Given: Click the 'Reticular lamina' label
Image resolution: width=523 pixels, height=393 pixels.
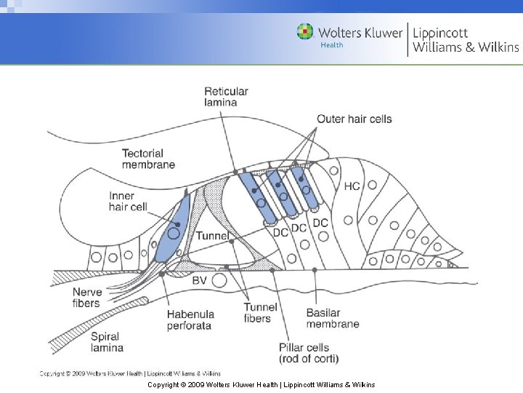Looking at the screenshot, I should click(226, 97).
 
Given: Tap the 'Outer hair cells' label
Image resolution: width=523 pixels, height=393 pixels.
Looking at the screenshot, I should click(354, 119).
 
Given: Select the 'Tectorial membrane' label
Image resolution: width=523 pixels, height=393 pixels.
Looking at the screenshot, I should click(148, 159).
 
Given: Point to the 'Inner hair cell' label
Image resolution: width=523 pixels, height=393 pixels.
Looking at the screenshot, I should click(128, 202).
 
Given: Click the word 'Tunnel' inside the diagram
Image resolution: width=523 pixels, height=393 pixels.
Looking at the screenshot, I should click(212, 236).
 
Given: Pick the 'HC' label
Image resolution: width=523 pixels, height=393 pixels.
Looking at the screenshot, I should click(352, 186).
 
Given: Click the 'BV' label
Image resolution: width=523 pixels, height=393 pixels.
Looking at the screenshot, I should click(200, 280).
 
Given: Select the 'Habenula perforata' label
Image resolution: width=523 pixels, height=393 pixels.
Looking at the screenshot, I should click(189, 319).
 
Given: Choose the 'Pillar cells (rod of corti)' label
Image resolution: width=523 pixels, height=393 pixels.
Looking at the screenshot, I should click(308, 353).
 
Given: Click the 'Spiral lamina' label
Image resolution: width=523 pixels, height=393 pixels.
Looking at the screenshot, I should click(105, 343).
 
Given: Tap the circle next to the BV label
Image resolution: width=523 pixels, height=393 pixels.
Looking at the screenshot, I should click(219, 279).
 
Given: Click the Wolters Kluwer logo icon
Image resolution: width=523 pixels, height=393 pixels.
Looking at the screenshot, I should click(305, 32).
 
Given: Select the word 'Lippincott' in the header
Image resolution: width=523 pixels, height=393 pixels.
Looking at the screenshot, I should click(440, 33).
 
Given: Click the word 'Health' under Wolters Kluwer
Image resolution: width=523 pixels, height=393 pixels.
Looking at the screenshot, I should click(331, 45).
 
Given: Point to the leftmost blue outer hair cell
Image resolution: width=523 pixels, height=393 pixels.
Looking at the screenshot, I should click(257, 195).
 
